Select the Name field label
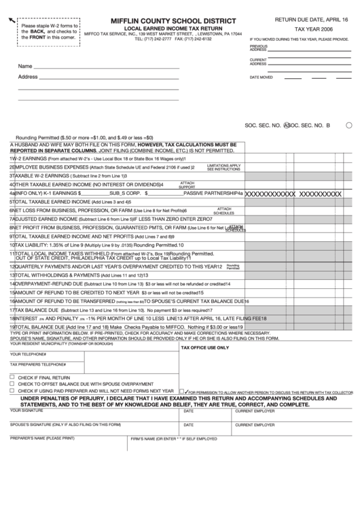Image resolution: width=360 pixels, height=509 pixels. [x=25, y=67]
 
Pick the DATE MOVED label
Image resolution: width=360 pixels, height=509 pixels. [x=261, y=77]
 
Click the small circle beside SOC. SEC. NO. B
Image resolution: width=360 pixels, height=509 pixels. [x=348, y=126]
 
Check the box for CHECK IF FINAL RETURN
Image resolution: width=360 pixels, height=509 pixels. [x=12, y=377]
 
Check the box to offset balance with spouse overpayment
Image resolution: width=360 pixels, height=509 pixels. [x=12, y=384]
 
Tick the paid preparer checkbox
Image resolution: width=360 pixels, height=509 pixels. [x=12, y=391]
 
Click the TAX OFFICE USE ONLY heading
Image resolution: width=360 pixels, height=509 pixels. [x=204, y=347]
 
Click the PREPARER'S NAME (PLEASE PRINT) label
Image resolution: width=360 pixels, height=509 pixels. [x=42, y=438]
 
